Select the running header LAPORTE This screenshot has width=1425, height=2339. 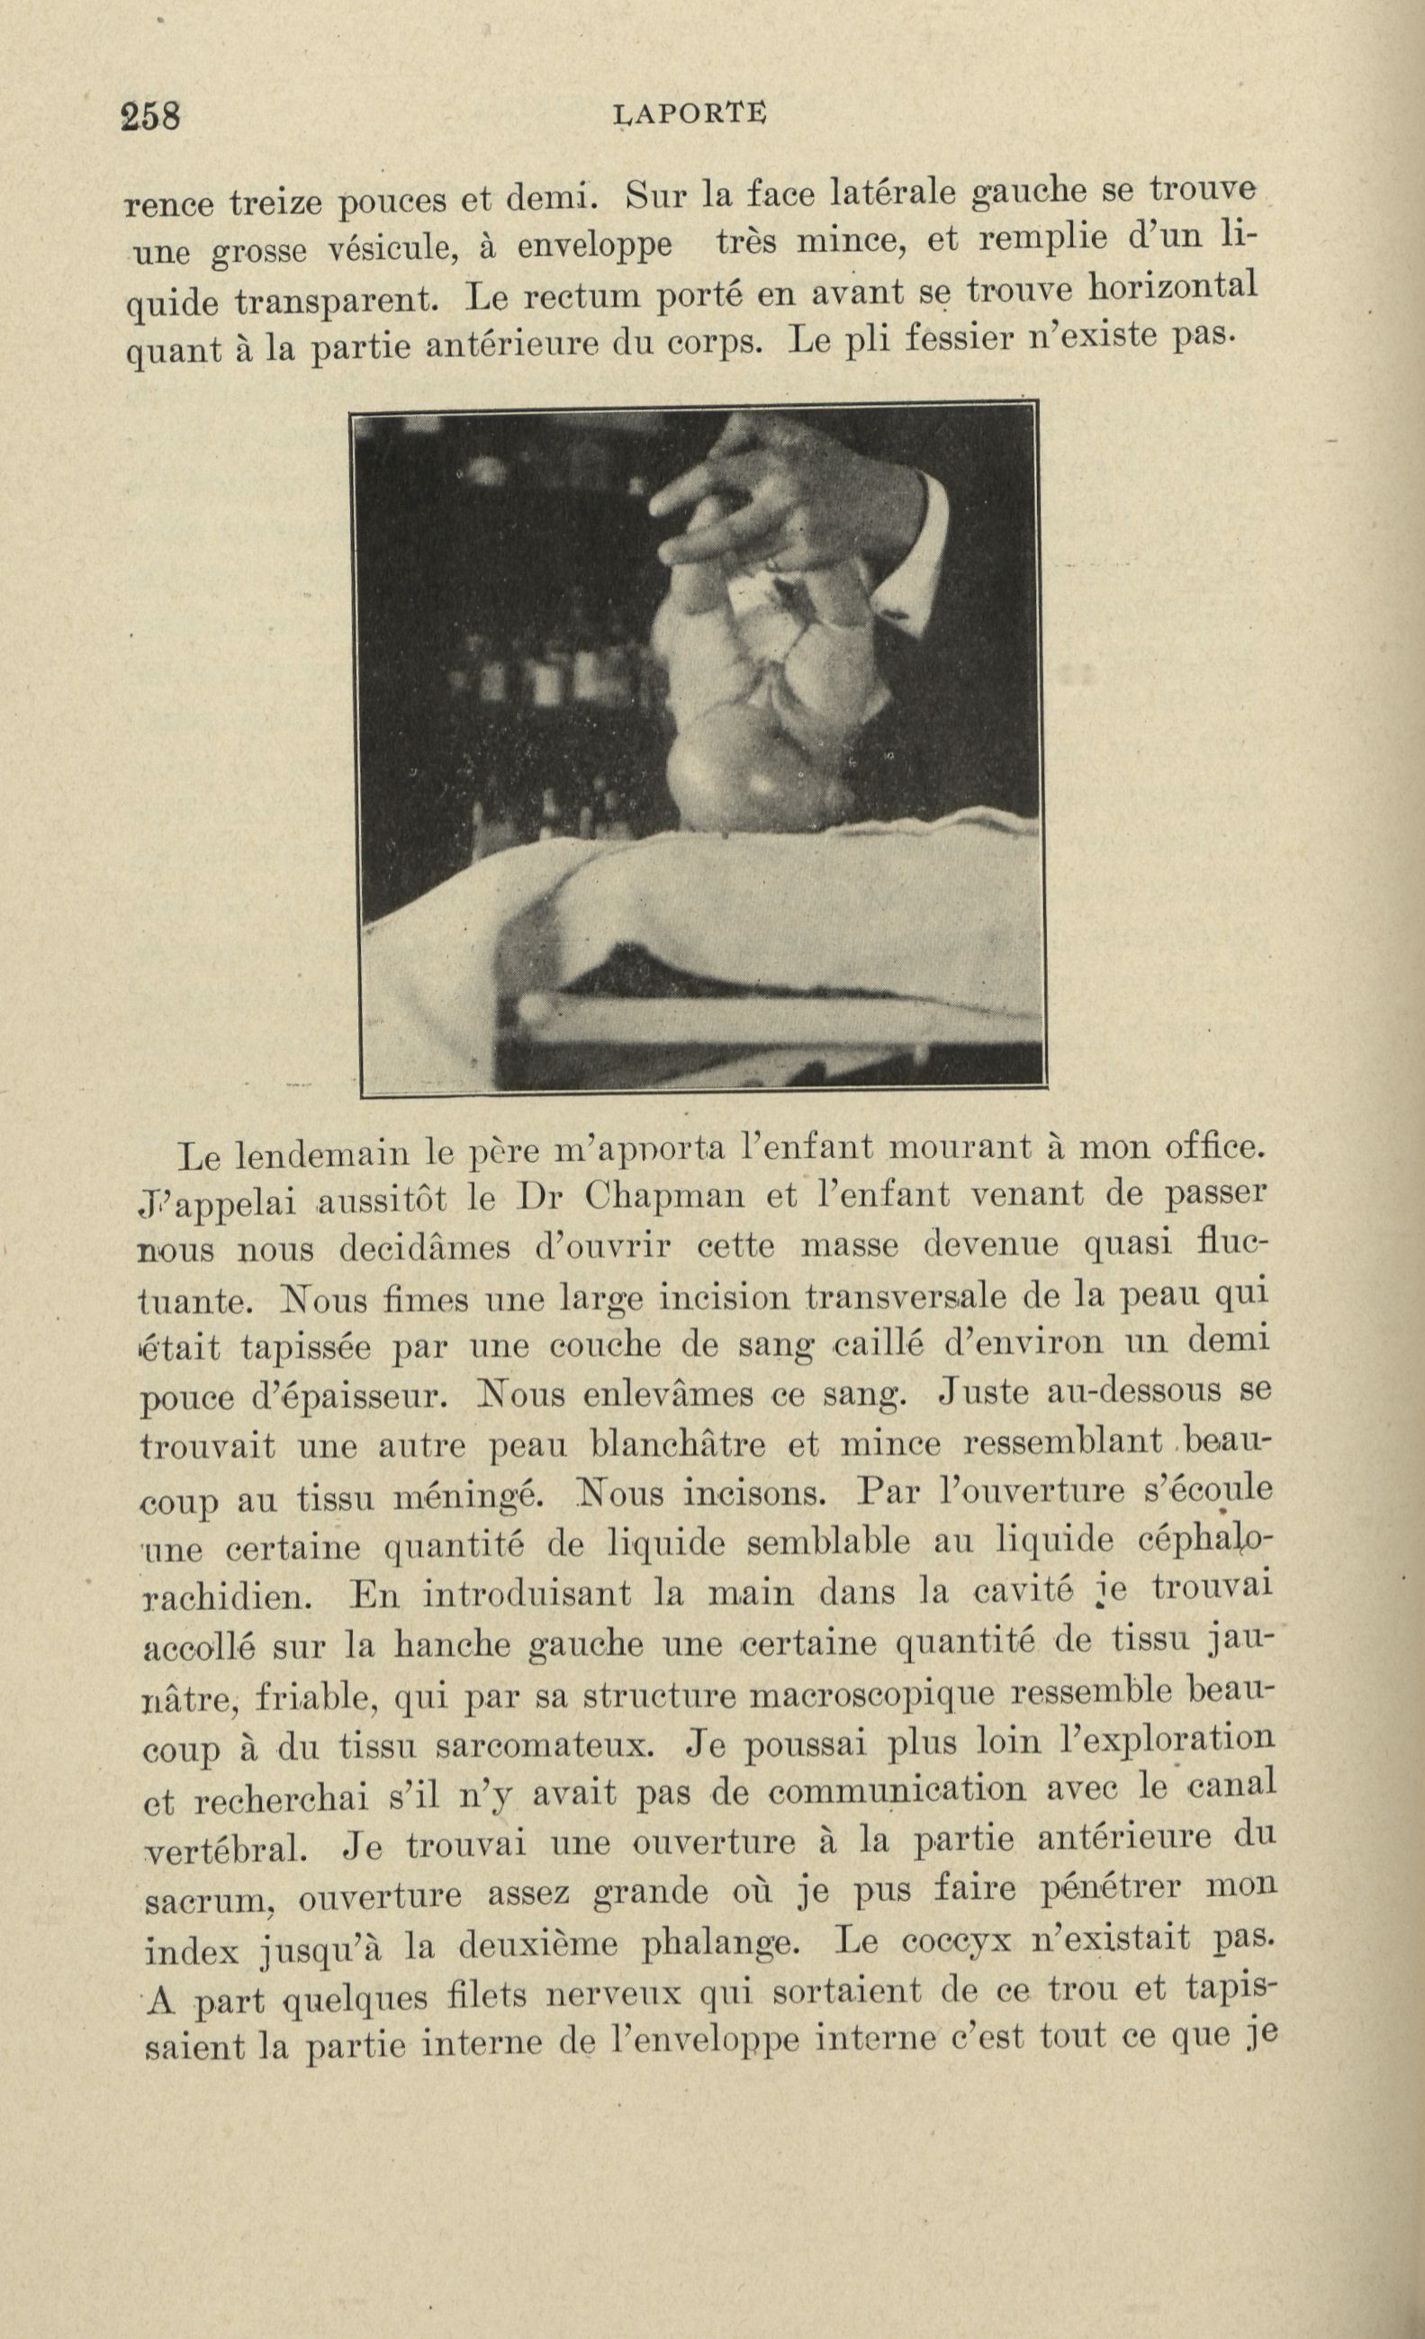pos(690,114)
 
